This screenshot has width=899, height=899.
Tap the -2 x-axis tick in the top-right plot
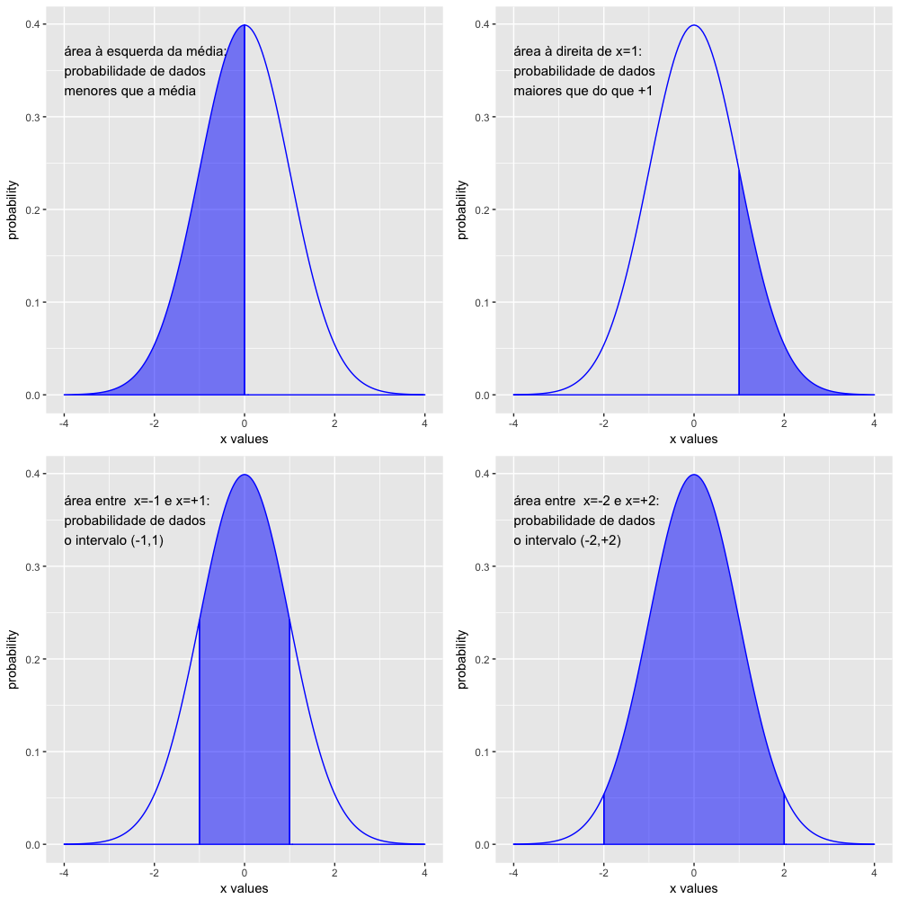point(603,422)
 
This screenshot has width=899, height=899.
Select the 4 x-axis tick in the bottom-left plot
point(424,871)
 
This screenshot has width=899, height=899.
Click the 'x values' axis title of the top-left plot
point(244,439)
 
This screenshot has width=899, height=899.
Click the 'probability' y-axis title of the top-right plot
point(462,210)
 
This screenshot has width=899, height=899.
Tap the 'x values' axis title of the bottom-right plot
point(693,888)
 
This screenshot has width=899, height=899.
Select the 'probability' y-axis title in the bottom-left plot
point(13,660)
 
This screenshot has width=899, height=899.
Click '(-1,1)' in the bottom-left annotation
point(152,540)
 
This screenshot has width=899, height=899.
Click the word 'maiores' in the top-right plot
point(536,91)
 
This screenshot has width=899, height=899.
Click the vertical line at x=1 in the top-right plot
point(739,297)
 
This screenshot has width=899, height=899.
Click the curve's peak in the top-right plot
point(694,25)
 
